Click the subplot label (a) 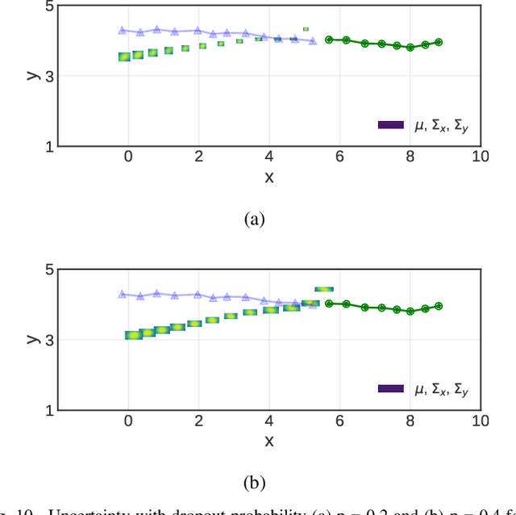tap(253, 219)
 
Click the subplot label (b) tap(253, 483)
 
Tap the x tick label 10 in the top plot tap(481, 157)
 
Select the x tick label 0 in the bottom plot tap(127, 421)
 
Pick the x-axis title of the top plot tap(269, 177)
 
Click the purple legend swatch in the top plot tap(391, 125)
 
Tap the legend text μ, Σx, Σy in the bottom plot tap(440, 389)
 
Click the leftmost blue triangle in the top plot tap(122, 31)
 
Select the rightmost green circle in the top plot tap(439, 42)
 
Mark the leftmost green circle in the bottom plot tap(329, 304)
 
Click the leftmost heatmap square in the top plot tap(124, 57)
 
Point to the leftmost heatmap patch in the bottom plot tap(132, 336)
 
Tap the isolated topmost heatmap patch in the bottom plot tap(323, 289)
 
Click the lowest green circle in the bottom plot tap(410, 312)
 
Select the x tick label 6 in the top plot tap(339, 157)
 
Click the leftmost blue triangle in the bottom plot tap(122, 295)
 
